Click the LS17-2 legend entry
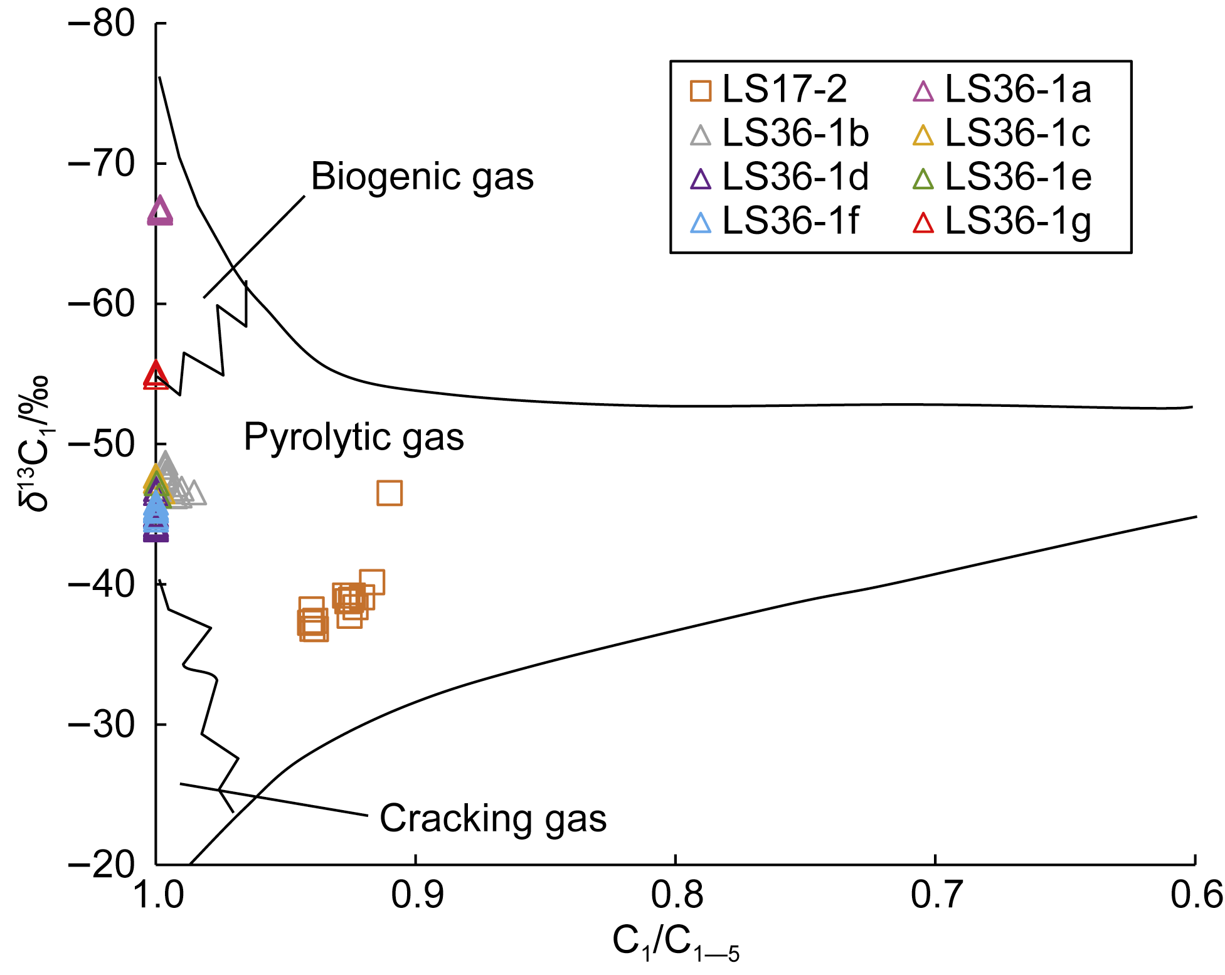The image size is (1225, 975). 768,90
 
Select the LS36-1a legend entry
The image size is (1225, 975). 1002,90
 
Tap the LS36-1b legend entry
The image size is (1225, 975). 780,134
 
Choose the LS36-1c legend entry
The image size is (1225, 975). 1002,134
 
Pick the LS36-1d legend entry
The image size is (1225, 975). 780,177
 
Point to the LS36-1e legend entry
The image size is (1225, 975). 1002,177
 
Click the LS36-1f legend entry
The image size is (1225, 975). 774,221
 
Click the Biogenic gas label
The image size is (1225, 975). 422,177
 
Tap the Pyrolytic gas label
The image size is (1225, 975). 354,437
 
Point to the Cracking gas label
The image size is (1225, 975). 493,819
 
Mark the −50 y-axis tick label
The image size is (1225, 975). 101,445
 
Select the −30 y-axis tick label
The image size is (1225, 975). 101,725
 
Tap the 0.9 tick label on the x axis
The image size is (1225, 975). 416,895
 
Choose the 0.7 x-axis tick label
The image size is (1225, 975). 936,895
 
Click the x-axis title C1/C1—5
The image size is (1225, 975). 676,944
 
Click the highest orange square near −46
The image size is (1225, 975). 390,493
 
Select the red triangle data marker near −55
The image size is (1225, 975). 156,375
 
